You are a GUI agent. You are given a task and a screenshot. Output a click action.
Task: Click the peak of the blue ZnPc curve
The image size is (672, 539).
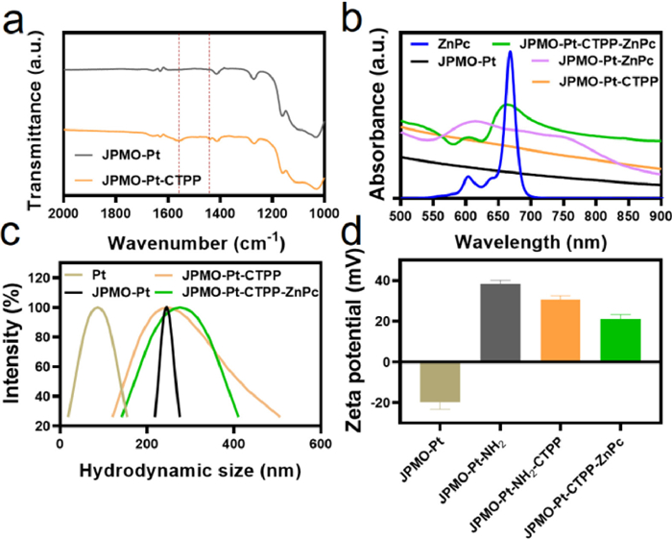[x=509, y=53]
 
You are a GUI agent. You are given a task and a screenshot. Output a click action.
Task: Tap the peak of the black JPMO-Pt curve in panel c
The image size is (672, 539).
[x=235, y=307]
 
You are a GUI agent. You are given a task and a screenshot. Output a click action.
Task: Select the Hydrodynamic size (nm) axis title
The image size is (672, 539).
[x=181, y=446]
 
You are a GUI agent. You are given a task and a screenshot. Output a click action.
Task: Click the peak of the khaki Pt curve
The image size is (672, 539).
[x=96, y=307]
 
